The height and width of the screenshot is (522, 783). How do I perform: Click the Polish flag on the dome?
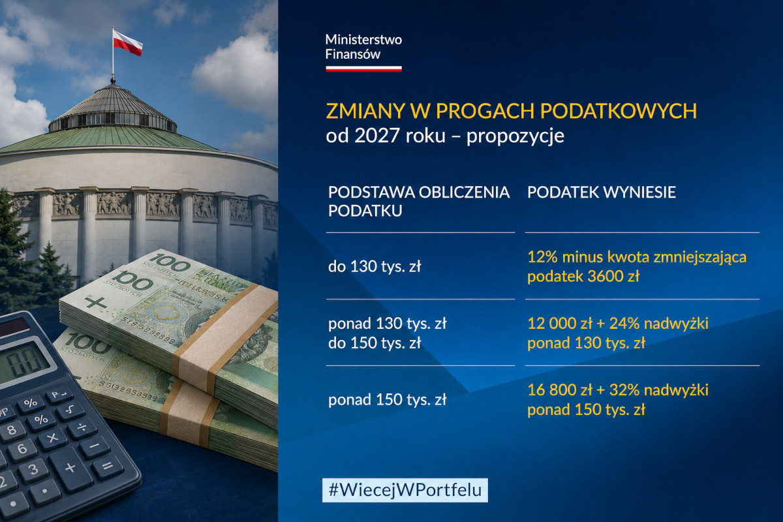127,42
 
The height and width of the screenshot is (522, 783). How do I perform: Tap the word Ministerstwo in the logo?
363,40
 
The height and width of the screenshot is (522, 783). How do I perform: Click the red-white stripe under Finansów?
363,69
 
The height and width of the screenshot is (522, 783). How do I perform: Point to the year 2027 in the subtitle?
376,136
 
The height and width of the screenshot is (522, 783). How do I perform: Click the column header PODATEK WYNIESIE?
601,192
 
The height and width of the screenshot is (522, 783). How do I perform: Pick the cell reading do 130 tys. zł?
375,267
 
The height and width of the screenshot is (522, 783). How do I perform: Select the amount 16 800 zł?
560,390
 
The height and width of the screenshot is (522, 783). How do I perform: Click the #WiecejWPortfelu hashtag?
405,490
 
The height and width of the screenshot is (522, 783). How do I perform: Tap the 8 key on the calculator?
12,430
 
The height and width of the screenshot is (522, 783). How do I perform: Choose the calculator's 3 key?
33,469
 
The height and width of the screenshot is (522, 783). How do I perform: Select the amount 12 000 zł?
560,324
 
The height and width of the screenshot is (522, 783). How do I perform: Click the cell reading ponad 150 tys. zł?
388,400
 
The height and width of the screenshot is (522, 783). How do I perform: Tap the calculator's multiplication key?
52,438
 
